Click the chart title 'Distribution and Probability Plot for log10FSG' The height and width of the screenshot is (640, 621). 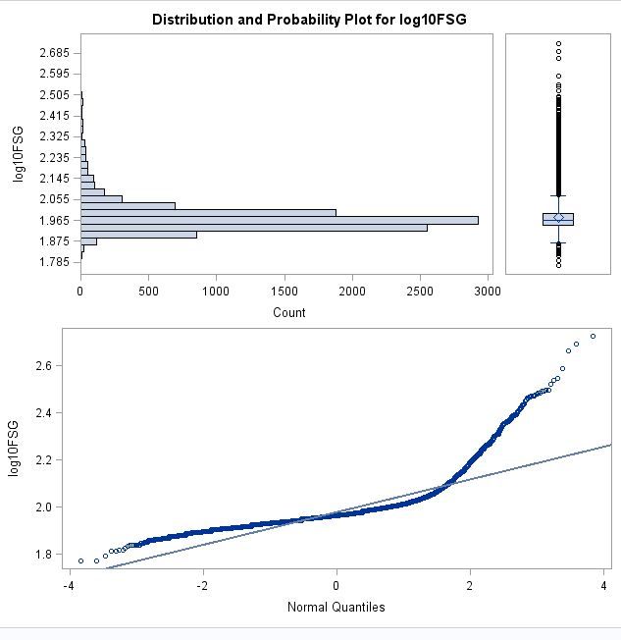click(310, 20)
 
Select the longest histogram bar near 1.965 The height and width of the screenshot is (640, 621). click(280, 220)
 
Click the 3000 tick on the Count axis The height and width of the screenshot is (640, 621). click(487, 291)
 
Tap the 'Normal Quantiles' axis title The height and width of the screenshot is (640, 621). click(336, 607)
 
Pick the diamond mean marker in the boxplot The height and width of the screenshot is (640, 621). click(558, 218)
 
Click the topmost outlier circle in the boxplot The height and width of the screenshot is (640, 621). click(558, 43)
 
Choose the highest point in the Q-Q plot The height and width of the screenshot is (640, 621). click(593, 337)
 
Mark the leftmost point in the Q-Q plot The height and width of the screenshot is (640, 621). click(80, 560)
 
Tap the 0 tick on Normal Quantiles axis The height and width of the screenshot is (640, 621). click(336, 586)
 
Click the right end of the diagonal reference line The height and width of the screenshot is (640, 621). click(610, 445)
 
